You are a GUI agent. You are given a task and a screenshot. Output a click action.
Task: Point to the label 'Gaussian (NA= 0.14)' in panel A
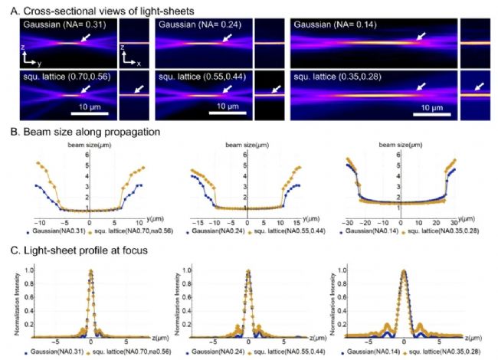335,26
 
